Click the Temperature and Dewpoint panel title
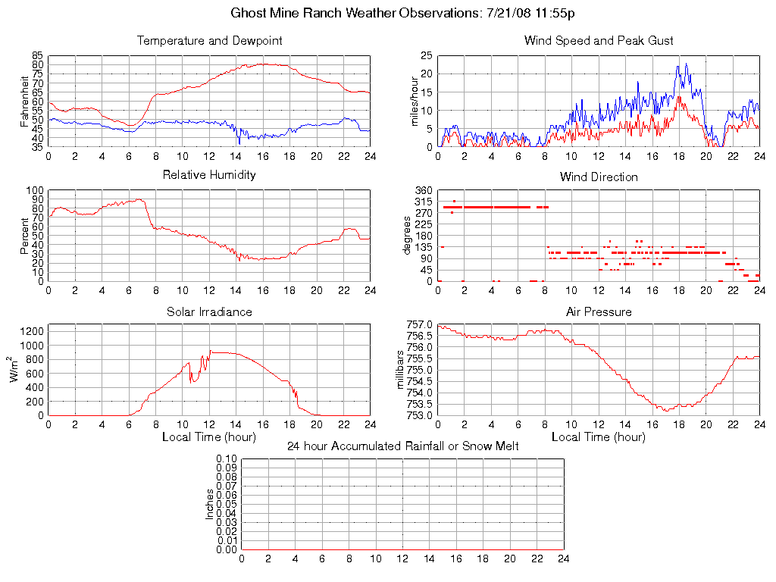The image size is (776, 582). (x=209, y=41)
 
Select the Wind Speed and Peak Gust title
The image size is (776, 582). (x=599, y=41)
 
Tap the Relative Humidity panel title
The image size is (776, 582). (x=209, y=175)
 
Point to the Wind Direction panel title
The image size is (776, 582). (x=599, y=177)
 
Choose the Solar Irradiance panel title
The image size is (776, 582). (x=209, y=311)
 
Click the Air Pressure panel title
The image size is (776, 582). (x=599, y=311)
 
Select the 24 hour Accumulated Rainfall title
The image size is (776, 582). (x=402, y=446)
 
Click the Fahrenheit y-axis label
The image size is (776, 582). (x=25, y=101)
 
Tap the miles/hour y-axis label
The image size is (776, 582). (x=415, y=101)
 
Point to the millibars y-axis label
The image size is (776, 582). (x=402, y=370)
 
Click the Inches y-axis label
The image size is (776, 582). (x=210, y=504)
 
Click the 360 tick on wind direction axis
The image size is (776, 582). (x=423, y=190)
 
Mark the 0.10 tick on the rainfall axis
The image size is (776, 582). (x=227, y=459)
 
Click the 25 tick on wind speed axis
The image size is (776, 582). (x=427, y=56)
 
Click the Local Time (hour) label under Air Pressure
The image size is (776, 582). (x=599, y=436)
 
